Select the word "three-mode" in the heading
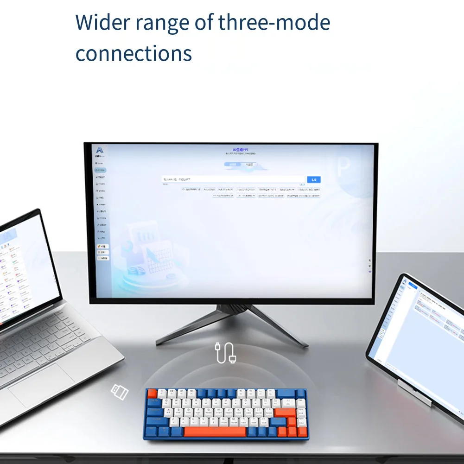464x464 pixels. point(274,22)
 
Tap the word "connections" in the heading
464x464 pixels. point(133,54)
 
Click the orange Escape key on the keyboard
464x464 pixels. point(153,394)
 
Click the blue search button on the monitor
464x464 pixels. point(313,179)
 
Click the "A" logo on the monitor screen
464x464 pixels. point(99,150)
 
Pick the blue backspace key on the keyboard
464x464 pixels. point(286,394)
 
